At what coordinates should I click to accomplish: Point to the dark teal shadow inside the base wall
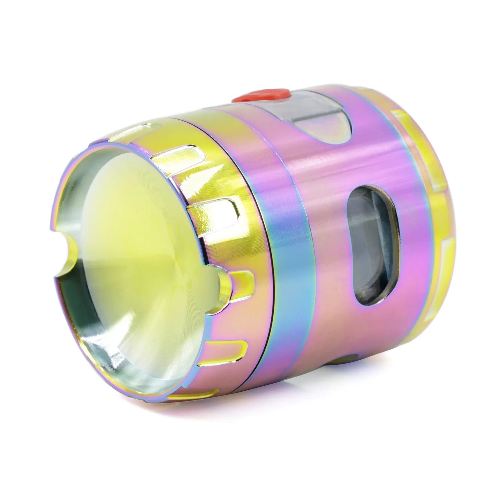coord(73,297)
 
